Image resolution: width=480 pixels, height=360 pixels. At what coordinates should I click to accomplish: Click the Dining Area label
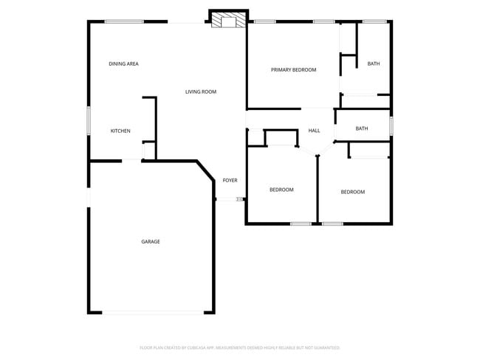[x=123, y=64]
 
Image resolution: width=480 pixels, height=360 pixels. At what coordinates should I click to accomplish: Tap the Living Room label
[x=200, y=91]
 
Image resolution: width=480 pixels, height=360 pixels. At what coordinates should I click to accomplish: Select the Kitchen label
[x=120, y=131]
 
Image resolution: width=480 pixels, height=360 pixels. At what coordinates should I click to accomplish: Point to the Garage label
[x=151, y=242]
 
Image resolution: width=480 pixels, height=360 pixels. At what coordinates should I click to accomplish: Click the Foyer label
[x=230, y=181]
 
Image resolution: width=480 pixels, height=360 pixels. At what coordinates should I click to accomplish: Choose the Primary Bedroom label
[x=293, y=70]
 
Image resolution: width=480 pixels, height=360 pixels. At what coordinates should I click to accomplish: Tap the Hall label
[x=314, y=131]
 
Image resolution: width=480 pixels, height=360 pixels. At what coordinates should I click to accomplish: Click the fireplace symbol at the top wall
[x=227, y=21]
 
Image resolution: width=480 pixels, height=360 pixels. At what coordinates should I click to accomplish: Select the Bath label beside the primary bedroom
[x=374, y=64]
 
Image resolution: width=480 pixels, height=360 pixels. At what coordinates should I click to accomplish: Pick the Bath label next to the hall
[x=361, y=129]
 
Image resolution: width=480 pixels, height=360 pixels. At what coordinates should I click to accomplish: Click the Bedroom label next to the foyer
[x=281, y=190]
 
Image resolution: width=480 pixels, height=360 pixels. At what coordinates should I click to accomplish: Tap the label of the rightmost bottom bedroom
[x=352, y=193]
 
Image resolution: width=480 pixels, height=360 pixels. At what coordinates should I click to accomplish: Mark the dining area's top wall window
[x=123, y=21]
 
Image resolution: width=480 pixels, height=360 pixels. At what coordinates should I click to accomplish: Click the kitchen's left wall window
[x=89, y=120]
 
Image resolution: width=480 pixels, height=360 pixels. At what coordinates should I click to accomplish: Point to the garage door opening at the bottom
[x=152, y=313]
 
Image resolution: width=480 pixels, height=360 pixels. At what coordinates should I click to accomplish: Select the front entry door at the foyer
[x=228, y=199]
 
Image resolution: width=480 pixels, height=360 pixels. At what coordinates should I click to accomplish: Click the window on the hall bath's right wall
[x=391, y=125]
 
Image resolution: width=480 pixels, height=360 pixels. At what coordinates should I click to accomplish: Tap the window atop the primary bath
[x=374, y=21]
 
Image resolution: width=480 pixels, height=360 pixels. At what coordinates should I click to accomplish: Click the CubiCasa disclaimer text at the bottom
[x=239, y=347]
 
